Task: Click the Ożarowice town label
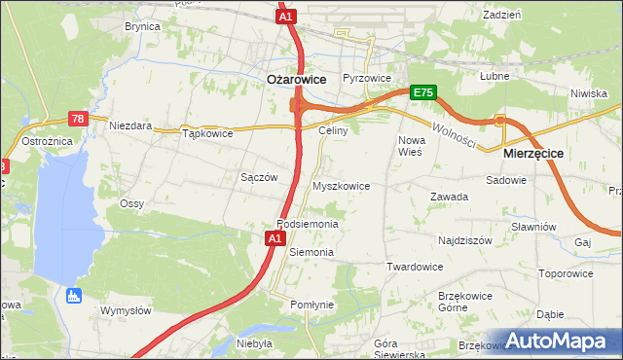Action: [x=296, y=80]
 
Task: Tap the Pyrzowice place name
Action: [x=367, y=78]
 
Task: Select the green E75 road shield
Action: [x=422, y=92]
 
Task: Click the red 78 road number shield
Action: [x=79, y=119]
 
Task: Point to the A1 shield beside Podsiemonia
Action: [x=275, y=237]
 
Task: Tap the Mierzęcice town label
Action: [x=533, y=154]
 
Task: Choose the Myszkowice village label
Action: [x=340, y=185]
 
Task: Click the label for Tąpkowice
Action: [x=207, y=133]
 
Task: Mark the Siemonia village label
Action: [x=311, y=252]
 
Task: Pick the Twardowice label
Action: [x=415, y=267]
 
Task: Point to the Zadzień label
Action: [x=501, y=15]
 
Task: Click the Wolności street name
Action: [x=455, y=133]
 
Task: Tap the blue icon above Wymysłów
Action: [x=71, y=294]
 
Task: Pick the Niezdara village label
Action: [x=130, y=126]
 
